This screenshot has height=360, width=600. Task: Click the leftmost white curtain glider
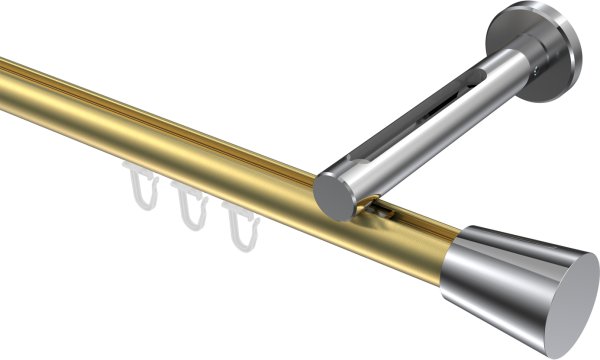click(140, 189)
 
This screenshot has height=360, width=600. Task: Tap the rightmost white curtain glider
click(238, 226)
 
